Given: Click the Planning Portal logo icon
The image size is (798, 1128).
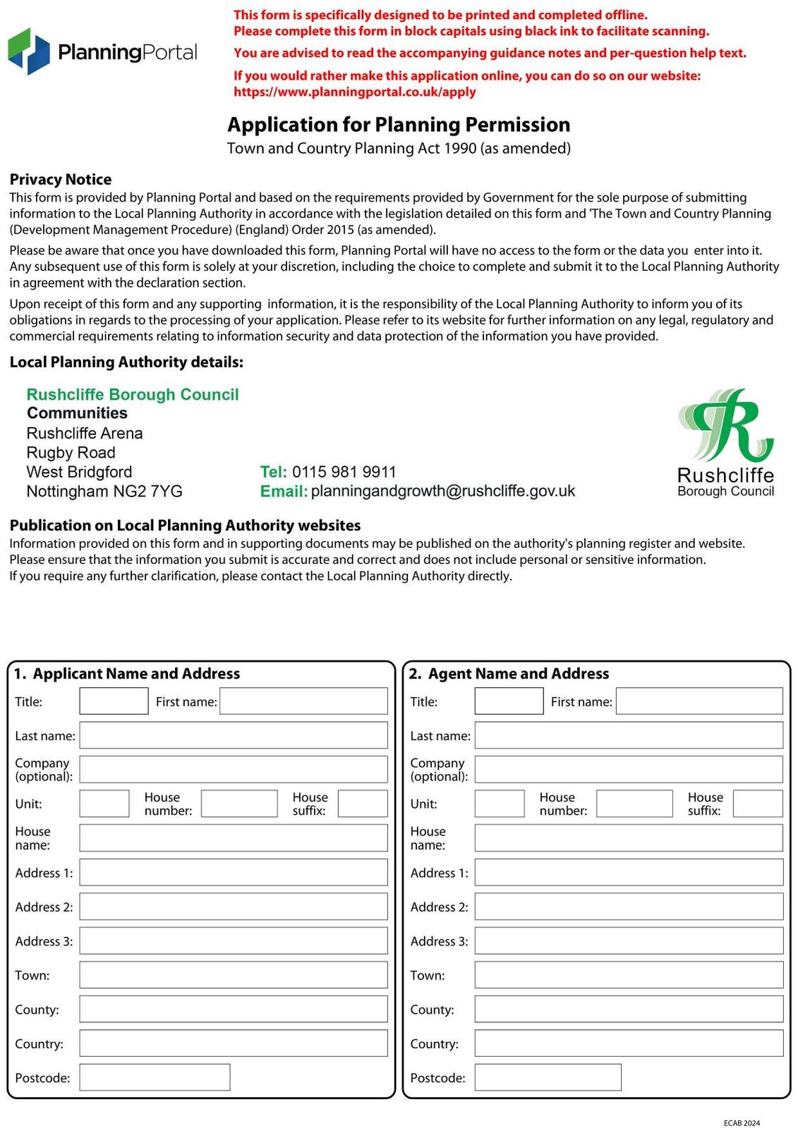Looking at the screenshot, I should pyautogui.click(x=29, y=51).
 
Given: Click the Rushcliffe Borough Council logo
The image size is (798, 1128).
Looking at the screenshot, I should pyautogui.click(x=725, y=443).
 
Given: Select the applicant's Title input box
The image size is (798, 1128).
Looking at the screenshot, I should pyautogui.click(x=114, y=701).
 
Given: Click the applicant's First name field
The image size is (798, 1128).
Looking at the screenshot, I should pyautogui.click(x=303, y=701).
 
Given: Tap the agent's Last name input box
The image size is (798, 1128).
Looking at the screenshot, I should pyautogui.click(x=629, y=735).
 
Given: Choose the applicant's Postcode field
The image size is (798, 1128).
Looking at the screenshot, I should pyautogui.click(x=155, y=1077).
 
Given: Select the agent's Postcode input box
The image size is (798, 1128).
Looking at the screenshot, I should pyautogui.click(x=548, y=1077).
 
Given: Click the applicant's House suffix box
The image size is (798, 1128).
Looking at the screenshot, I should pyautogui.click(x=363, y=804).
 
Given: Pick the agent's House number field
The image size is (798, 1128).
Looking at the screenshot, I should pyautogui.click(x=634, y=804).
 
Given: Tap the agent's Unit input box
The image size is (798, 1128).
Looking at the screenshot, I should pyautogui.click(x=500, y=804).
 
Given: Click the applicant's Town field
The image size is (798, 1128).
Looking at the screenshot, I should pyautogui.click(x=234, y=975).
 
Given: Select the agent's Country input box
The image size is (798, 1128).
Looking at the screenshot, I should pyautogui.click(x=629, y=1043).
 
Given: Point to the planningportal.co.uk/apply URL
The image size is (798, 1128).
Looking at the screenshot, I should pyautogui.click(x=355, y=92).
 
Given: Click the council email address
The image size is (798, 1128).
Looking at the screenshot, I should pyautogui.click(x=442, y=491).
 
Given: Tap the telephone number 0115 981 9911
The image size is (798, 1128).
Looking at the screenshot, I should pyautogui.click(x=344, y=472).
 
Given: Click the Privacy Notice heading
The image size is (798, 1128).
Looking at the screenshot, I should pyautogui.click(x=61, y=180).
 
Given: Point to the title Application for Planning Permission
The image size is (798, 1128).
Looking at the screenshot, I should pyautogui.click(x=399, y=125).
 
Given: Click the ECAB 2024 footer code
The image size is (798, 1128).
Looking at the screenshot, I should pyautogui.click(x=742, y=1123).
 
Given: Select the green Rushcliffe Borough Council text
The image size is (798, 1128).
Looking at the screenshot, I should pyautogui.click(x=133, y=395).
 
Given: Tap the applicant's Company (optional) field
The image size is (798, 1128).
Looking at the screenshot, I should pyautogui.click(x=234, y=769).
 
